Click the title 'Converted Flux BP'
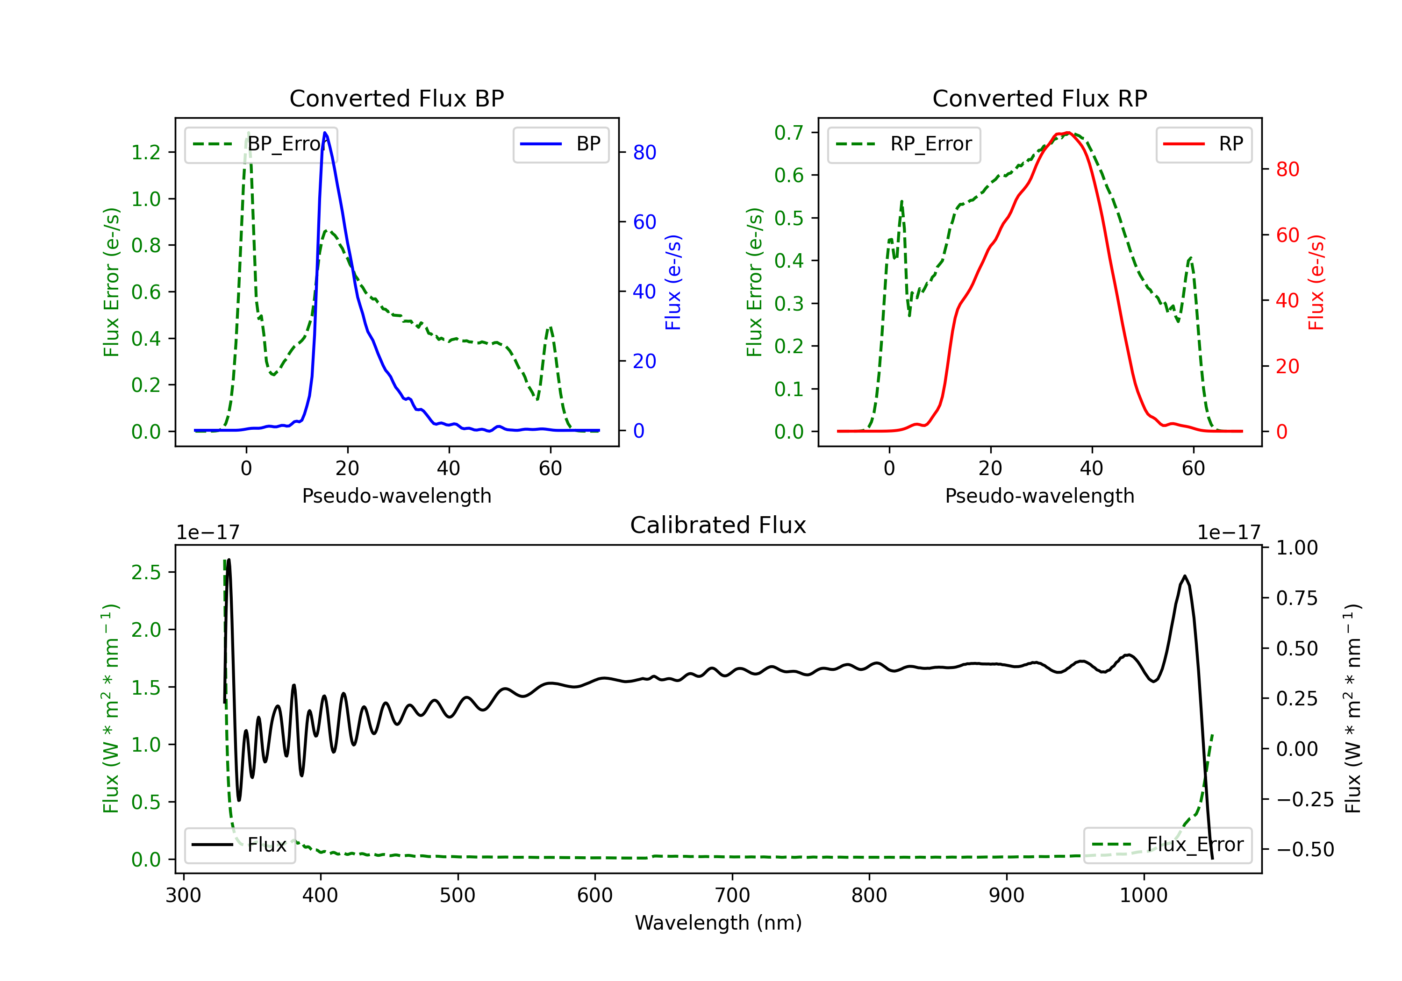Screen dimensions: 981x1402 point(396,98)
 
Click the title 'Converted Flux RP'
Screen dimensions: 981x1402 point(1039,98)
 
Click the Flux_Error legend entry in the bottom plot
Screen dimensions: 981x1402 point(1167,845)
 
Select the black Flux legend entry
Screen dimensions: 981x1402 point(240,845)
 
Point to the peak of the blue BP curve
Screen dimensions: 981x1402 point(325,133)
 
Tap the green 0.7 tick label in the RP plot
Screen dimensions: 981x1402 point(789,133)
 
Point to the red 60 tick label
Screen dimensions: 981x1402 point(1287,235)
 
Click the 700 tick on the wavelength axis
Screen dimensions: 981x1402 point(732,896)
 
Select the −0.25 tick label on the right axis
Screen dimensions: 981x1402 point(1305,799)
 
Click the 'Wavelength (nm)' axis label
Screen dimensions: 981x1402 point(718,923)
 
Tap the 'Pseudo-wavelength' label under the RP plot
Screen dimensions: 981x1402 point(1039,496)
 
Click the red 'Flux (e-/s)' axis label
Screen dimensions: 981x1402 point(1316,282)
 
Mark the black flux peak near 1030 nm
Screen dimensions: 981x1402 point(1185,576)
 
